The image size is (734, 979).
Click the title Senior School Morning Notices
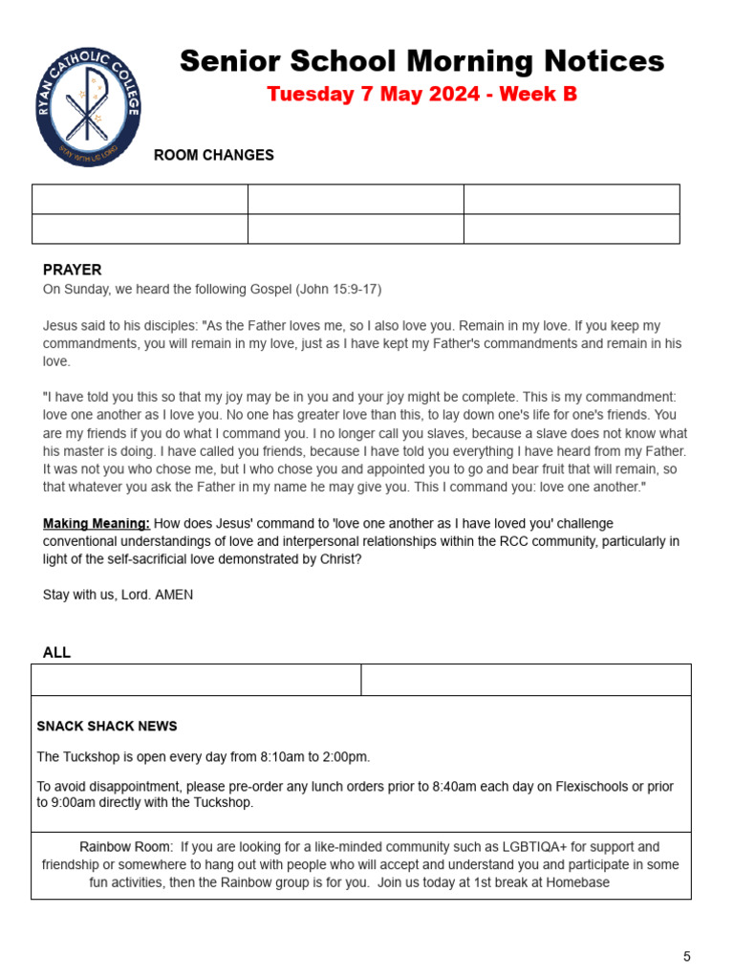[x=421, y=61]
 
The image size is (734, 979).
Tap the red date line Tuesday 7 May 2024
[x=421, y=94]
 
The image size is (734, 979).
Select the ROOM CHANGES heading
[x=214, y=155]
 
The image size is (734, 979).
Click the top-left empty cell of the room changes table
[x=140, y=199]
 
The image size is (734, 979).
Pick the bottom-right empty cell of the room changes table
[x=572, y=229]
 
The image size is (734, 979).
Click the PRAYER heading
[x=72, y=271]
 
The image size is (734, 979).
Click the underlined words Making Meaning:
[x=96, y=523]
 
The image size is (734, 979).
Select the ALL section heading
[x=56, y=653]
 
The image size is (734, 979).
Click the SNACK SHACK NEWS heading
[x=107, y=727]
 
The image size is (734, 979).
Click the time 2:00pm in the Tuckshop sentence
[x=345, y=757]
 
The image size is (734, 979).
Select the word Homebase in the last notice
[x=577, y=882]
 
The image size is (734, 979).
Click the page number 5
[x=686, y=956]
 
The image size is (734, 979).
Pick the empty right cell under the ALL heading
[x=526, y=680]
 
